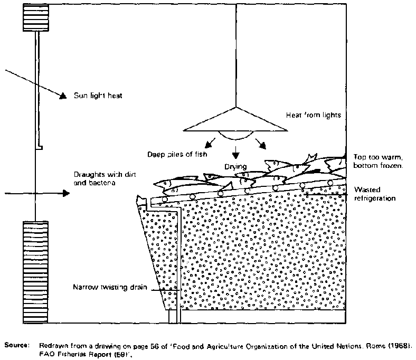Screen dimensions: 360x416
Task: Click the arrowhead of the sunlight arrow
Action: pos(63,96)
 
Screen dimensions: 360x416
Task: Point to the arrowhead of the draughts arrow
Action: pos(65,193)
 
